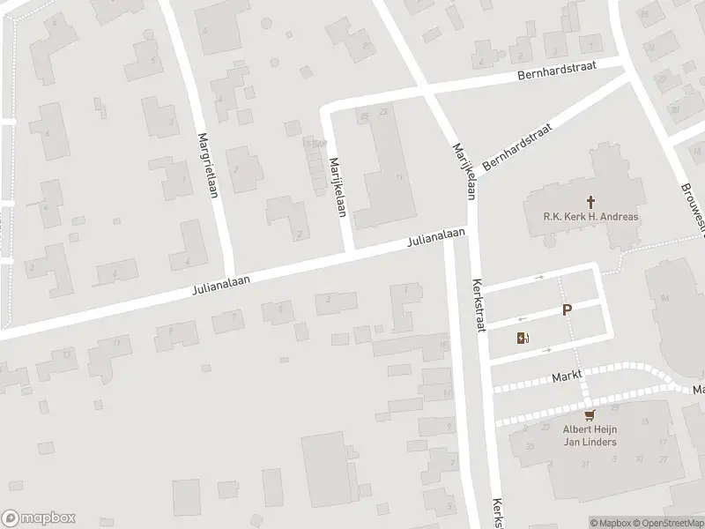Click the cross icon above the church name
pos(578,202)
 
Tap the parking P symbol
pos(568,310)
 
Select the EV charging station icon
pos(523,337)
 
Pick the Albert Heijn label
pos(590,429)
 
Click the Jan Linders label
pos(590,441)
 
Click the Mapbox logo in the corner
pos(39,518)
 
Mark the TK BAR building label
pos(313,142)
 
